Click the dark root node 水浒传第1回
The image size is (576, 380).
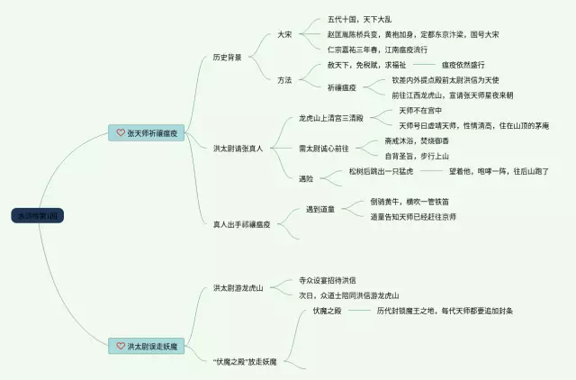(x=38, y=215)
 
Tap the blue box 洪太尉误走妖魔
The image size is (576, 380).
(x=148, y=345)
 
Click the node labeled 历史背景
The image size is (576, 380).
(x=228, y=57)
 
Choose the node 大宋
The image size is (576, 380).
(x=284, y=34)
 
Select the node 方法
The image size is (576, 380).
(x=284, y=79)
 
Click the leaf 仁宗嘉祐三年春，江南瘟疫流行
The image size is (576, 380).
(x=377, y=49)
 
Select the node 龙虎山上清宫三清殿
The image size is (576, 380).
(x=331, y=118)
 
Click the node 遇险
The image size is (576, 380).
(x=306, y=178)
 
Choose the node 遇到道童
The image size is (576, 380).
(x=319, y=210)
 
